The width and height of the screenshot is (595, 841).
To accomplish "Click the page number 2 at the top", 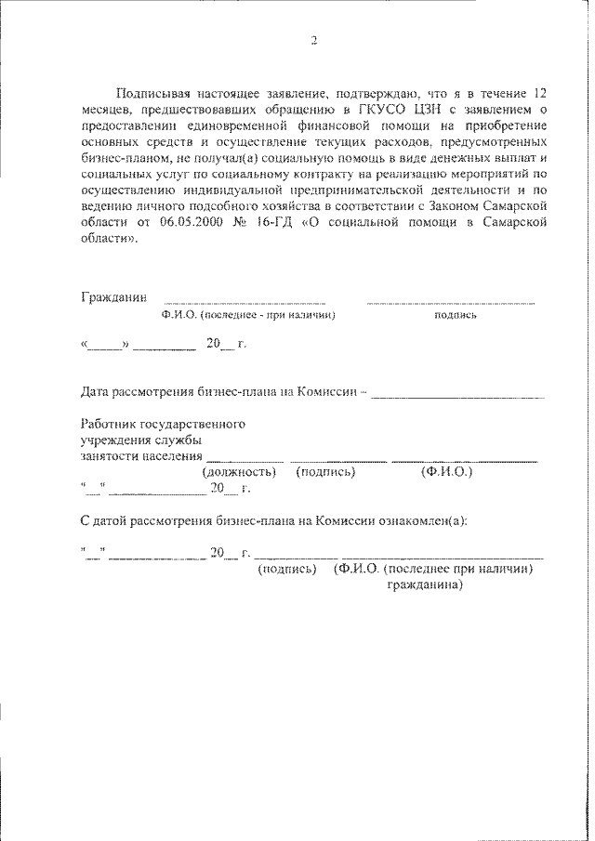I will click(313, 40).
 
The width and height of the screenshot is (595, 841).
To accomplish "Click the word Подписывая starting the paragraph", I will click(152, 95).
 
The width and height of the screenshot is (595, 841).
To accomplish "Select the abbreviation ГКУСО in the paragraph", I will click(377, 110).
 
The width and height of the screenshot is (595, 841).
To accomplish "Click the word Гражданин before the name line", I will click(113, 298).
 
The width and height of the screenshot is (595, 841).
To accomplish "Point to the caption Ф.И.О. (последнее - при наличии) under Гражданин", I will click(247, 316).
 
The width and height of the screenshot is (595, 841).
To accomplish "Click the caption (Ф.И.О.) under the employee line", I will click(447, 472).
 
